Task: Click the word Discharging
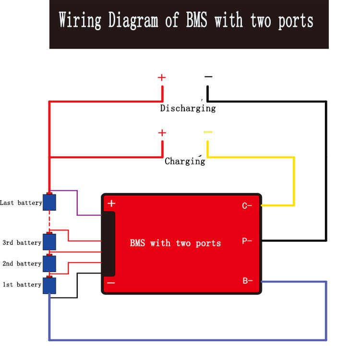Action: coord(188,108)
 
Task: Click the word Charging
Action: coord(185,161)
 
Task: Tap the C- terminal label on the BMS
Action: coord(247,206)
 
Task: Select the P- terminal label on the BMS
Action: coord(247,241)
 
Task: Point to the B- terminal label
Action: coord(247,281)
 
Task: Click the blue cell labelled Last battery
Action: coord(49,202)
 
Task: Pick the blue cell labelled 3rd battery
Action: coord(49,241)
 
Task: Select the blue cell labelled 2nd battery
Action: coord(49,263)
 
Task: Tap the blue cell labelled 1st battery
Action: coord(49,285)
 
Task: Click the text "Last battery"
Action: coord(21,203)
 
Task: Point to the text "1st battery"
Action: coord(22,285)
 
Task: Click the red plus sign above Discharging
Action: coord(162,77)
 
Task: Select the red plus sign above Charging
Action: coord(162,132)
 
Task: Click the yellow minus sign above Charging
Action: coord(208,132)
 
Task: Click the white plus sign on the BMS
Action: coord(111,204)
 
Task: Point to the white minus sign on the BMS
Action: coord(111,283)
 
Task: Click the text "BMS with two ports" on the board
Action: coord(175,243)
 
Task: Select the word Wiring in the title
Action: coord(80,21)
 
